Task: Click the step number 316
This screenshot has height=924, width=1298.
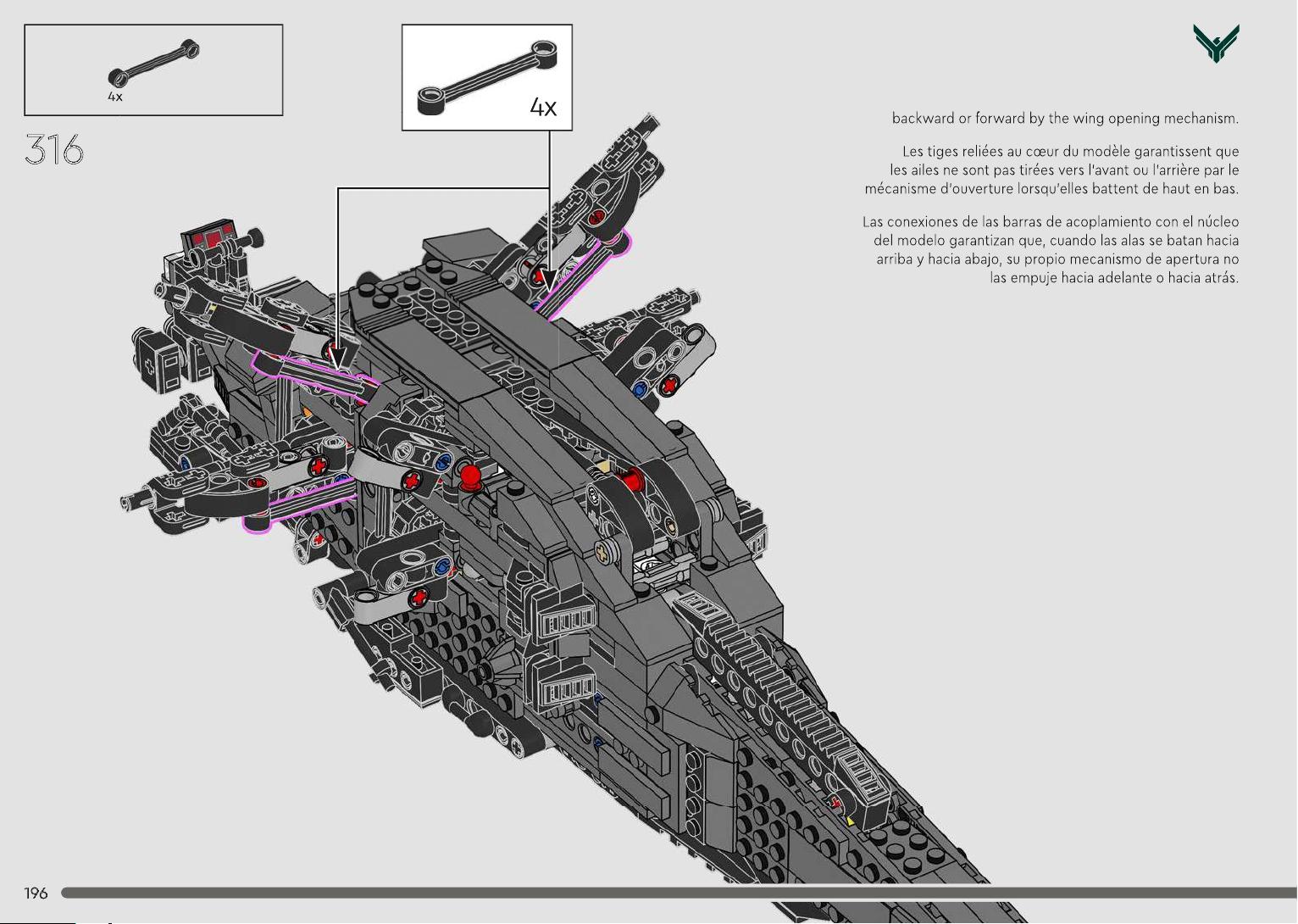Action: [x=54, y=149]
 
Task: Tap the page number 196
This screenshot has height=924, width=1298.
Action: [x=36, y=893]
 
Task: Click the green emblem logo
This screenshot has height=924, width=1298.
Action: [x=1216, y=43]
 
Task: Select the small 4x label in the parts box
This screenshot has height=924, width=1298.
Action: [x=114, y=97]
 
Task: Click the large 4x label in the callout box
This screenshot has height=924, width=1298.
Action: [x=543, y=108]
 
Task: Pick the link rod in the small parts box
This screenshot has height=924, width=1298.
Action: [x=153, y=63]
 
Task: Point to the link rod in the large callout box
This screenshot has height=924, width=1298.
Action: [x=487, y=77]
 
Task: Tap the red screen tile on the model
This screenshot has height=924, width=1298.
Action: [x=208, y=237]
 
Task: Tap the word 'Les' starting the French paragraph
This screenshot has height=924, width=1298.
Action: [x=912, y=151]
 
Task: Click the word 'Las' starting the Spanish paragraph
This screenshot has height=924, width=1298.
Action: [x=873, y=221]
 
